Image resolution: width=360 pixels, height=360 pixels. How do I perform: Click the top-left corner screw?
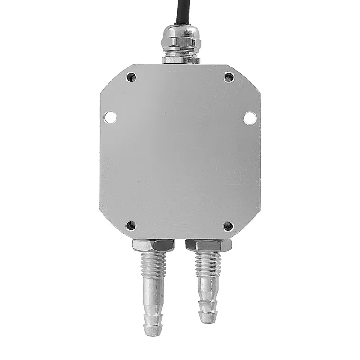(x=131, y=78)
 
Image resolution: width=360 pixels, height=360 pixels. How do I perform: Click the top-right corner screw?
(x=229, y=77)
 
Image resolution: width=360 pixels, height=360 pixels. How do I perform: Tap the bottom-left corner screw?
(x=131, y=225)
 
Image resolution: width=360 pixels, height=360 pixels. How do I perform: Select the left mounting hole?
(x=110, y=117)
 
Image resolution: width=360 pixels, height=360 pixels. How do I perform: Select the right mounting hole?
(x=250, y=117)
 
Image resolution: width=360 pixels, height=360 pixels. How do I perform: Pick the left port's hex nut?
(x=153, y=245)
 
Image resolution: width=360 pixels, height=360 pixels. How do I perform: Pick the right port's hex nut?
(x=208, y=245)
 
